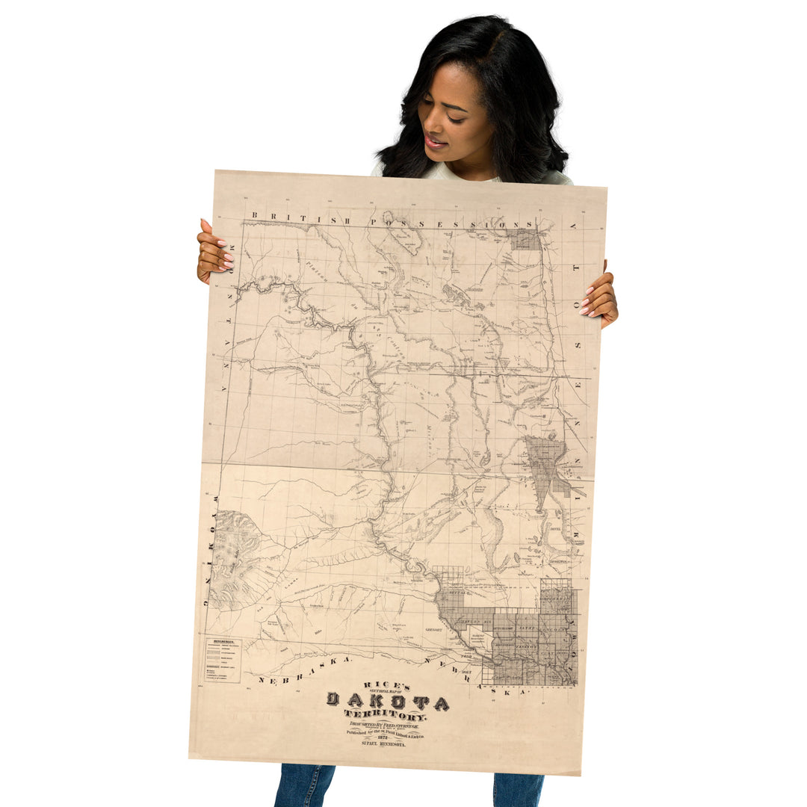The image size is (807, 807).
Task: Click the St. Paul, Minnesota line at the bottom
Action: [383, 744]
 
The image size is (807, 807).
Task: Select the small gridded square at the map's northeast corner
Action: [526, 239]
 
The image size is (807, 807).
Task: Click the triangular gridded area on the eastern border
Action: [545, 467]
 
